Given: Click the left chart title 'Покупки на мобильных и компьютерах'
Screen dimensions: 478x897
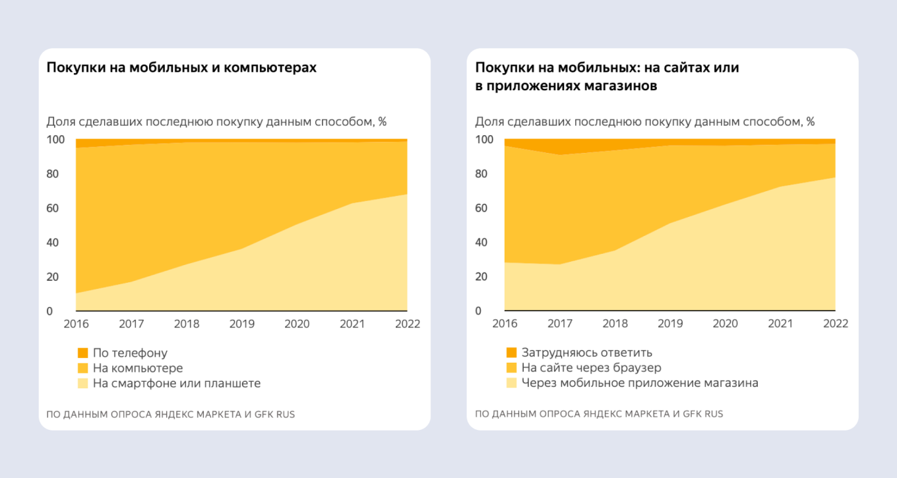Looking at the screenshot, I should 181,68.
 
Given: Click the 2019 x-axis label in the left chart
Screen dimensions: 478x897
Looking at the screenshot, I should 241,324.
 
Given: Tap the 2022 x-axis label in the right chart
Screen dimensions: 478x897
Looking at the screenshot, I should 835,324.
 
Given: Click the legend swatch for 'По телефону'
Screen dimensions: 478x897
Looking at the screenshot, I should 82,353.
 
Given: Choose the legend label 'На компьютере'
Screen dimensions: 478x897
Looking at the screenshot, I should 137,368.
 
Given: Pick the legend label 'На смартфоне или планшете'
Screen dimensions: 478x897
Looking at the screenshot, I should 176,383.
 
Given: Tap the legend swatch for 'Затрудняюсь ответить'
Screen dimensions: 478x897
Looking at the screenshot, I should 511,353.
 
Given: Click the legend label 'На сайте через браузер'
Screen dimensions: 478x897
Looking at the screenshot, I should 591,368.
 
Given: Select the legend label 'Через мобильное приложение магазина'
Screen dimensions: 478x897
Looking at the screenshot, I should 639,383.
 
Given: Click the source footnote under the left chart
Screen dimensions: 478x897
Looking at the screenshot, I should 170,415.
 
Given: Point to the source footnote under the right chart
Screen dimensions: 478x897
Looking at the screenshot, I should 599,414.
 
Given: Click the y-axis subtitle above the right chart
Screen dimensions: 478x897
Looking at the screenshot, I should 644,122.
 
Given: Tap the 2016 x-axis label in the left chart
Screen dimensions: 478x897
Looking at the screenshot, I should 76,324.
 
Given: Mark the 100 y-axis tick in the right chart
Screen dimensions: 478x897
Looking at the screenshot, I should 484,140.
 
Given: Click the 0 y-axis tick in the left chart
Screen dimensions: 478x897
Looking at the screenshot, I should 49,311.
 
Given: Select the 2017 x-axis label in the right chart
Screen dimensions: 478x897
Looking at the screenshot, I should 560,324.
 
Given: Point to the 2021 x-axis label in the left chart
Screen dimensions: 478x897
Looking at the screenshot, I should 352,324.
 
